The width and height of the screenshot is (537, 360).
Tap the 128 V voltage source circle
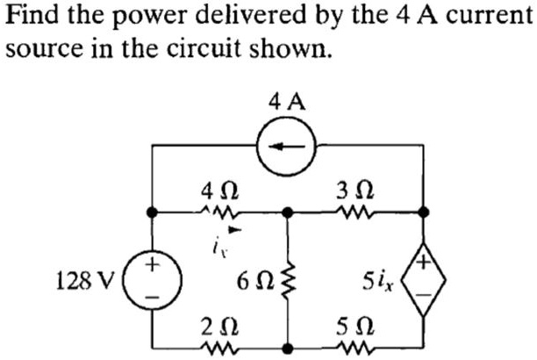click(153, 281)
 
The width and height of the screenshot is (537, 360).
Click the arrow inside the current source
click(287, 147)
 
